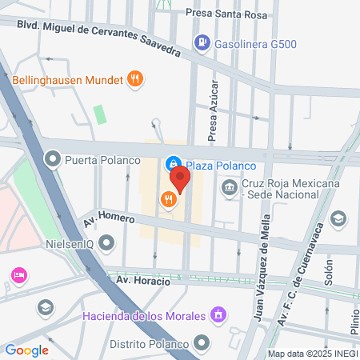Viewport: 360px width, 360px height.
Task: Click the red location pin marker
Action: pyautogui.click(x=180, y=179)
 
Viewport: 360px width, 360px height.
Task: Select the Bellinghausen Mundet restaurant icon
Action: pyautogui.click(x=135, y=79)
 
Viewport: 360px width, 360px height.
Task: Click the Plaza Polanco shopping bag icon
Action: pyautogui.click(x=172, y=165)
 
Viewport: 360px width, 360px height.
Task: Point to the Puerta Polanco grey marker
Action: pyautogui.click(x=54, y=159)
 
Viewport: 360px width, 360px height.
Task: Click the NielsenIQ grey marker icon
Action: pyautogui.click(x=107, y=241)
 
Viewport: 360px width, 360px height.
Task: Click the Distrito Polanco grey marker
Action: pyautogui.click(x=203, y=344)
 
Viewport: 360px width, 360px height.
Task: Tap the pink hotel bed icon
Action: pyautogui.click(x=18, y=275)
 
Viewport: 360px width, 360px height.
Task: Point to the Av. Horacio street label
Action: pyautogui.click(x=143, y=281)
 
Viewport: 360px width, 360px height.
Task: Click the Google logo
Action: pyautogui.click(x=26, y=350)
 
